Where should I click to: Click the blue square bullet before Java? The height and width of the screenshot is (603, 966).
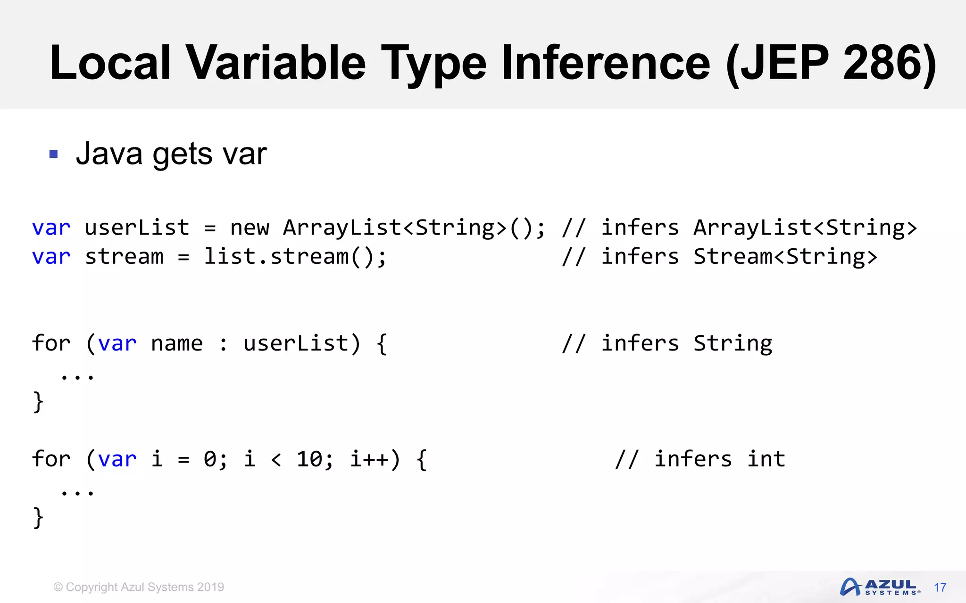(53, 154)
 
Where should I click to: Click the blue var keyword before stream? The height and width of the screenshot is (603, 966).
(51, 257)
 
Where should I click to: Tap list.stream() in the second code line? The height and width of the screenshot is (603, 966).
(295, 257)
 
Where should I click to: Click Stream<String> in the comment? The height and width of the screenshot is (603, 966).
(785, 257)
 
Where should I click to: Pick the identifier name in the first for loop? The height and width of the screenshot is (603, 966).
(177, 344)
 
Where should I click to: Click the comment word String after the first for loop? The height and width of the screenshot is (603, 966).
(733, 344)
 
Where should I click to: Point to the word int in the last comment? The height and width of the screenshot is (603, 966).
(766, 459)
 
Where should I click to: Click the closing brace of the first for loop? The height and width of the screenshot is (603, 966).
(38, 402)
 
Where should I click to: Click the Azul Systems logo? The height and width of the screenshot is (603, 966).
(879, 587)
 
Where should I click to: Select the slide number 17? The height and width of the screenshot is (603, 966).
(940, 587)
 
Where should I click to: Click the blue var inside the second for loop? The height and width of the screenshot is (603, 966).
(117, 459)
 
